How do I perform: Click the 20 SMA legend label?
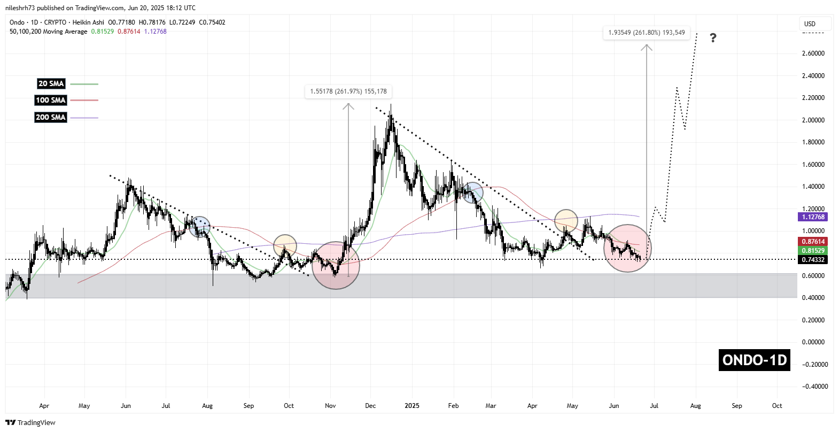point(51,83)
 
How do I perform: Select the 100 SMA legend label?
point(51,100)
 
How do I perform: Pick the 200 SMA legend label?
point(51,117)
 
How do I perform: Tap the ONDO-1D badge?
point(755,360)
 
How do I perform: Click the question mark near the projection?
point(713,38)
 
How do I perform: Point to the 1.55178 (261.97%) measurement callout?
point(348,91)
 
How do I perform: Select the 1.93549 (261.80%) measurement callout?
point(647,33)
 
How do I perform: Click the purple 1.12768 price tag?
point(813,217)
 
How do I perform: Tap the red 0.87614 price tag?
point(813,242)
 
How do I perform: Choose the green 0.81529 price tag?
point(813,250)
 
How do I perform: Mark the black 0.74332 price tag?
point(813,260)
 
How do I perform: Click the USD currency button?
point(810,24)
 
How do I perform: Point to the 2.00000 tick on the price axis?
point(813,120)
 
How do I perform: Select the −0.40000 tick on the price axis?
point(813,387)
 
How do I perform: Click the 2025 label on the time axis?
point(412,406)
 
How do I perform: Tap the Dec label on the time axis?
point(370,406)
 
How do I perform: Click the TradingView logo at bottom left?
point(30,422)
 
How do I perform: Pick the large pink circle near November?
point(336,265)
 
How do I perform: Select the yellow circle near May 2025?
point(566,220)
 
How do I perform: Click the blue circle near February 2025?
point(472,192)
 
